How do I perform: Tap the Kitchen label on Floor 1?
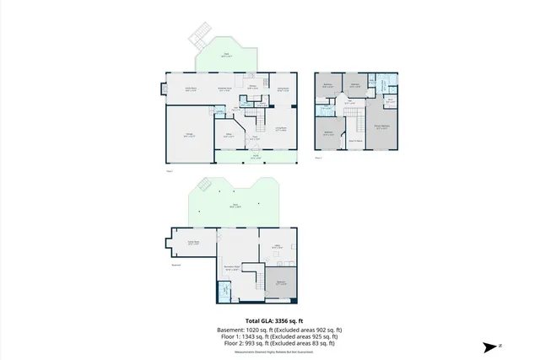(x=251, y=87)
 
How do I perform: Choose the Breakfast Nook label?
(x=225, y=88)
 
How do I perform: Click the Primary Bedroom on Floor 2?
(x=382, y=128)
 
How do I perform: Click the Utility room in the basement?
(x=277, y=247)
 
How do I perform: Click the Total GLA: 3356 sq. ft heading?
(x=270, y=321)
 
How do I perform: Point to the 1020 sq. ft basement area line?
(x=270, y=329)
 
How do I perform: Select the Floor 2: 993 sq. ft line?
(x=270, y=343)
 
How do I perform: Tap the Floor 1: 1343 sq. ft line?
(x=270, y=336)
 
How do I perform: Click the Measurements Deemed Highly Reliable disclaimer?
(x=270, y=352)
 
